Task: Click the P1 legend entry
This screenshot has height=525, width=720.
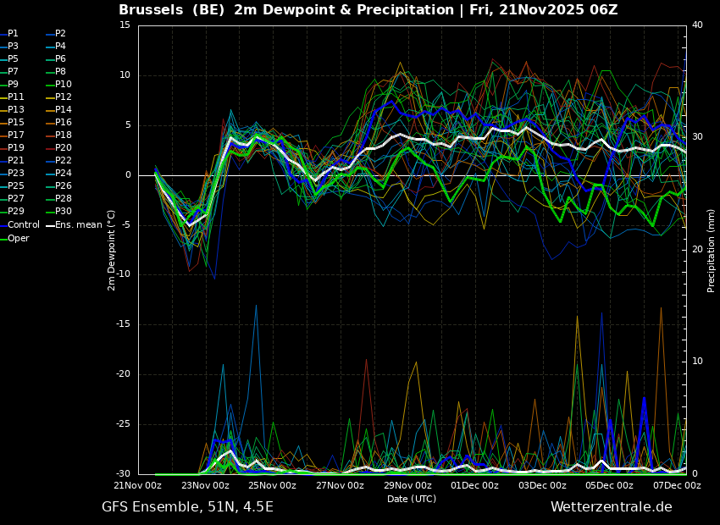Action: point(9,34)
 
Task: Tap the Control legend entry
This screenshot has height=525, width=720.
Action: point(19,225)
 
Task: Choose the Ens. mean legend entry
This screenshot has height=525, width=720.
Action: point(75,225)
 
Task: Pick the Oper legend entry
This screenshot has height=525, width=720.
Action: point(14,238)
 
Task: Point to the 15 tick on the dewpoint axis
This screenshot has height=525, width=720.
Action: point(125,25)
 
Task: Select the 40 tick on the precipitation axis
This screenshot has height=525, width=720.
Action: point(697,25)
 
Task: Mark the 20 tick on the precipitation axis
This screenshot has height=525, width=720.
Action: point(697,249)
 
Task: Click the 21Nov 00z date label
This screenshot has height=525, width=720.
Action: point(138,485)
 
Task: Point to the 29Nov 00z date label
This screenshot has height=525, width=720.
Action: point(407,485)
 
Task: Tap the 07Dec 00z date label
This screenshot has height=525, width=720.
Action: point(678,485)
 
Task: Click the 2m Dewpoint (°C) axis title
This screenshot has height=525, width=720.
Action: point(111,251)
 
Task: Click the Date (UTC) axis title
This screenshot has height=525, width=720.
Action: point(412,499)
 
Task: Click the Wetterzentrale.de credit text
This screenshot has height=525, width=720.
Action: point(612,507)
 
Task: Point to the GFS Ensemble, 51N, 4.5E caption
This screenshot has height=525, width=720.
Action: point(187,507)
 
